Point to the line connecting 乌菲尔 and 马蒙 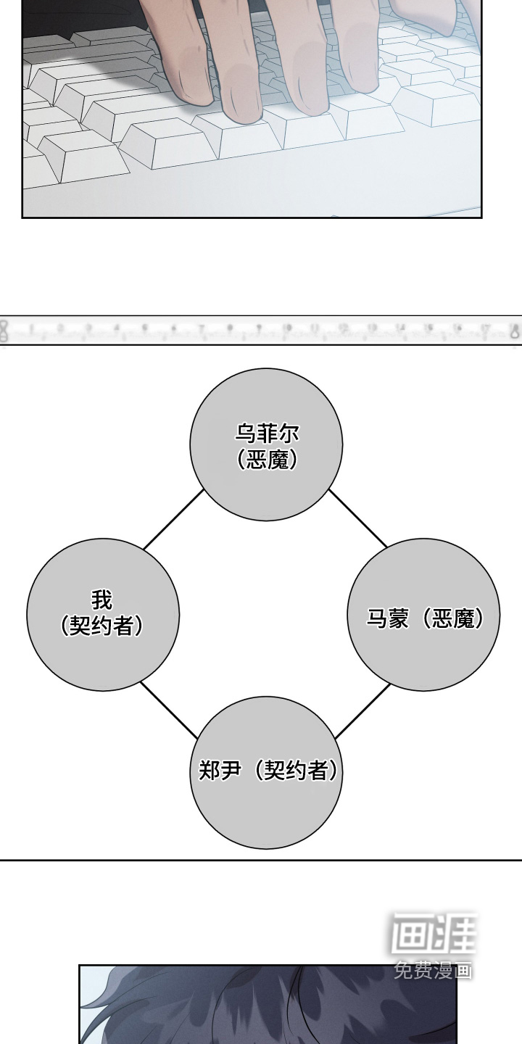click(358, 518)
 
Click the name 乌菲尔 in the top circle click(267, 434)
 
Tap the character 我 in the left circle click(102, 600)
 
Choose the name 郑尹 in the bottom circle click(220, 770)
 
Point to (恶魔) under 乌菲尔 click(267, 460)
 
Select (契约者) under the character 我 click(102, 625)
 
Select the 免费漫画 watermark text click(434, 970)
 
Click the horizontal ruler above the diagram click(261, 331)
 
